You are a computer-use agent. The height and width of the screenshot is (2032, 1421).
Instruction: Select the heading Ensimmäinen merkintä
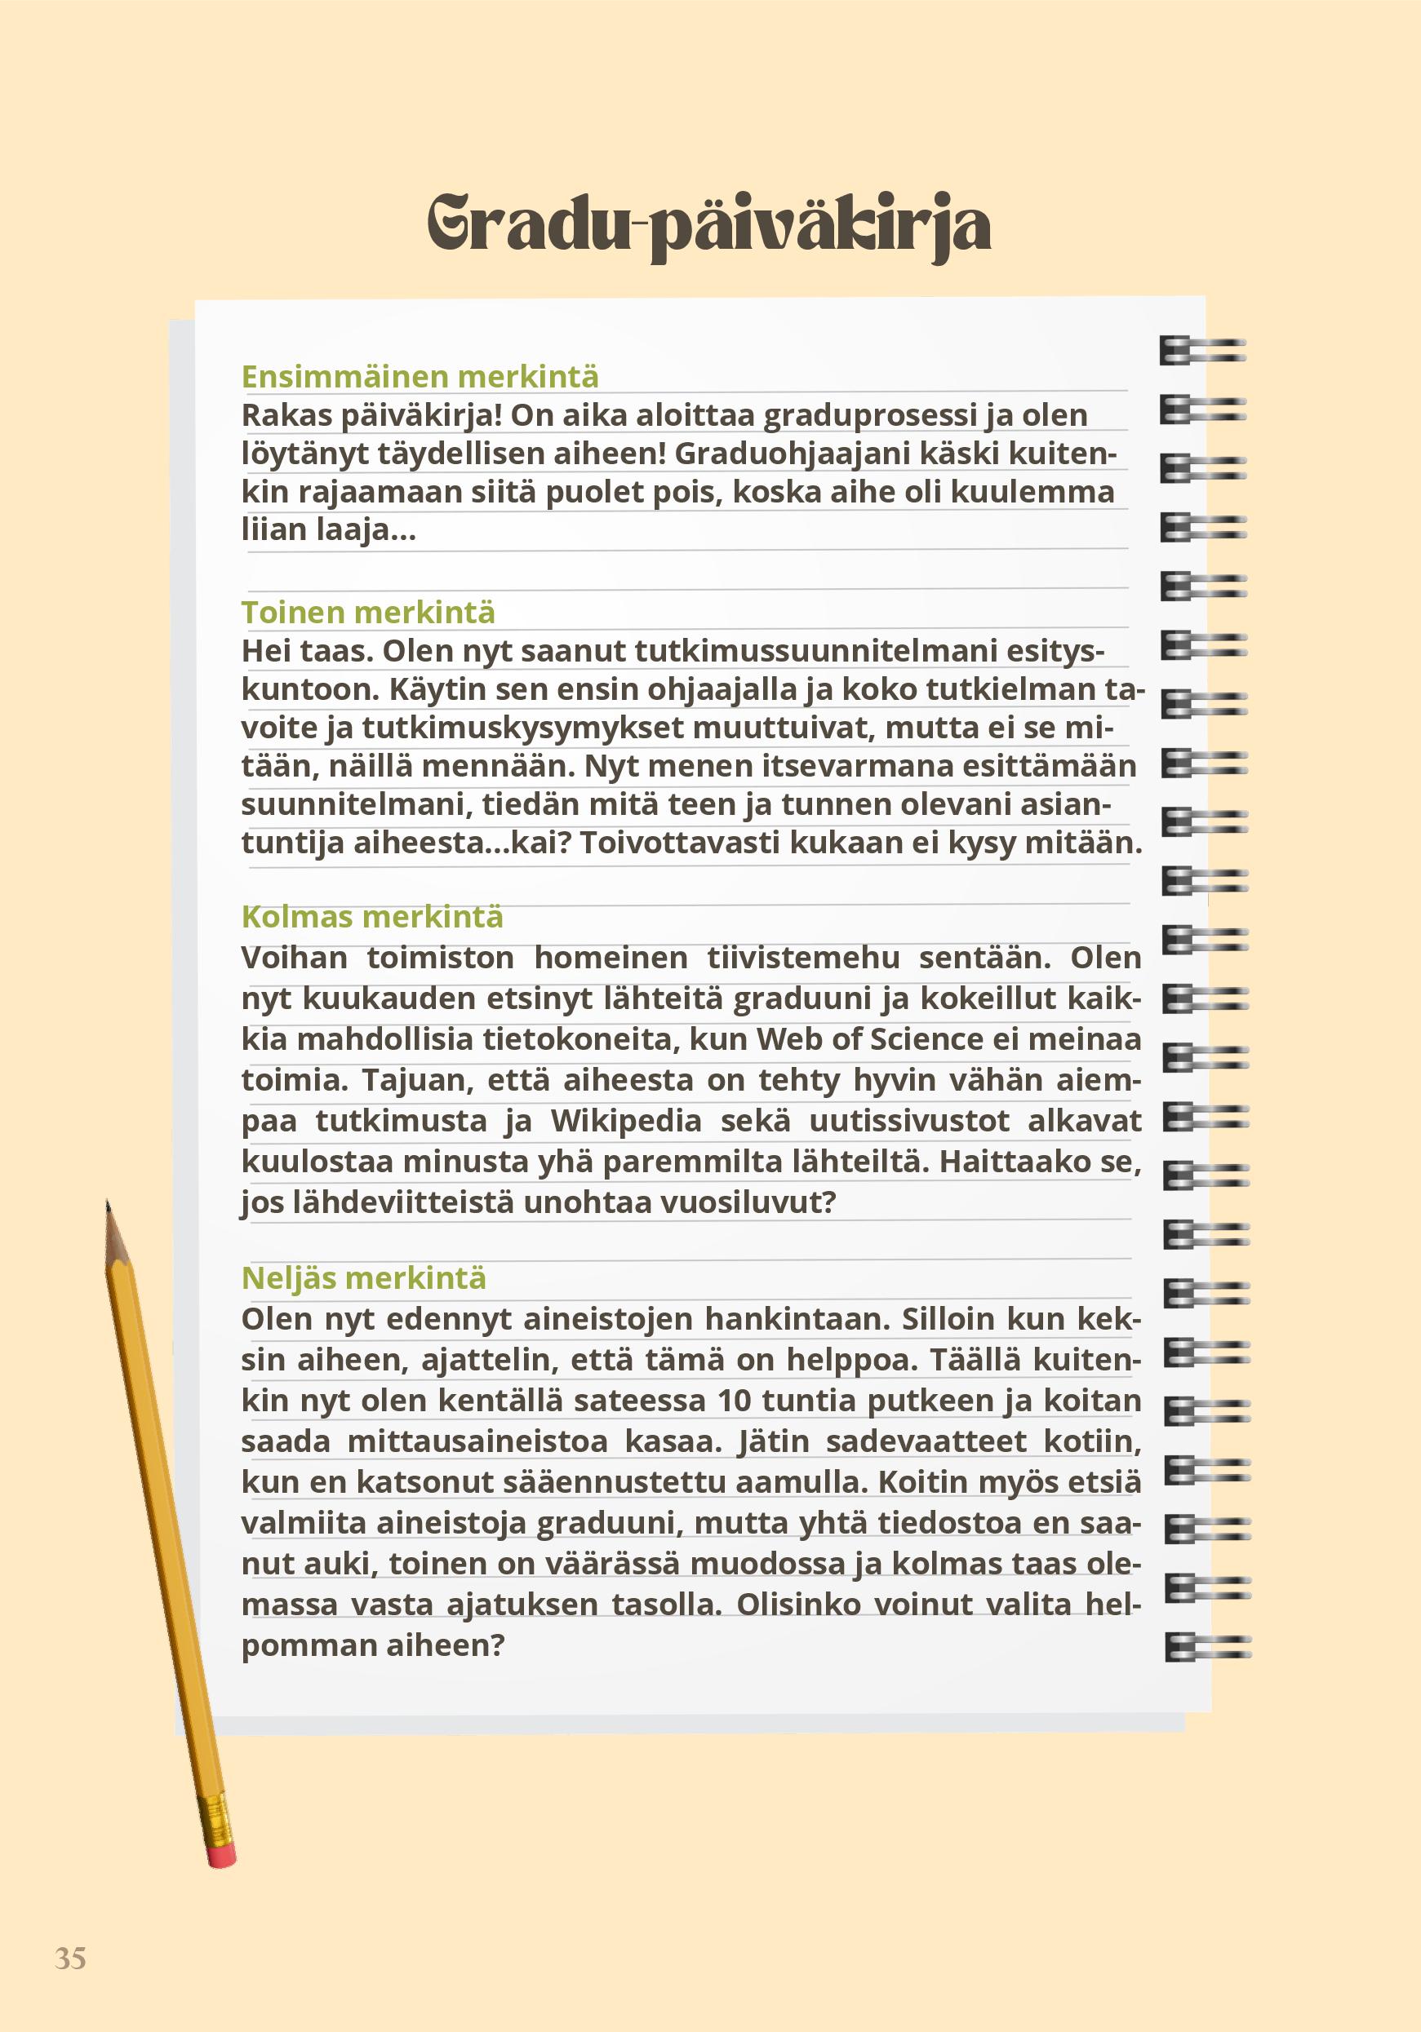click(x=420, y=377)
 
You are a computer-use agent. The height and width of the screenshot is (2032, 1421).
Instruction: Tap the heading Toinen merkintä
click(x=368, y=613)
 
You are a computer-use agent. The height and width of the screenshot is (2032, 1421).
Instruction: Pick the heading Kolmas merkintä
click(x=372, y=917)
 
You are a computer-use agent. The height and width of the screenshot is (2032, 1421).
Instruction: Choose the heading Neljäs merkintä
click(x=364, y=1278)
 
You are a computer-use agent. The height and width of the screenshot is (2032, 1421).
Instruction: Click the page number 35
click(x=71, y=1958)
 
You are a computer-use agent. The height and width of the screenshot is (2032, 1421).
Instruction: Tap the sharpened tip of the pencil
click(x=108, y=1207)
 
